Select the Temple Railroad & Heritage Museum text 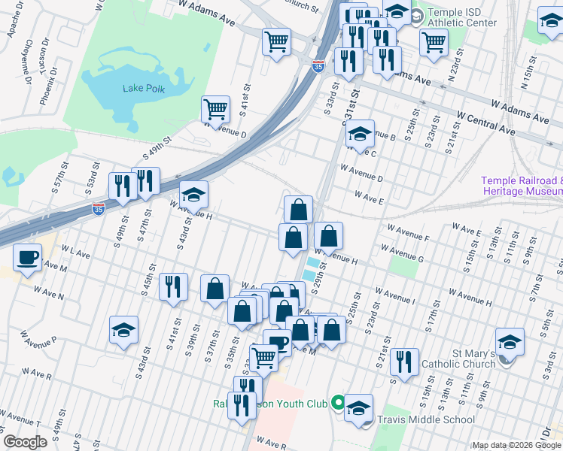pyautogui.click(x=522, y=186)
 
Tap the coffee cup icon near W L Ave pyautogui.click(x=28, y=258)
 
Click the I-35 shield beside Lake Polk pyautogui.click(x=319, y=68)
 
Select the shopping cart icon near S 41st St pyautogui.click(x=216, y=109)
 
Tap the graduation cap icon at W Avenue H pyautogui.click(x=193, y=195)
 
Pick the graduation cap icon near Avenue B pyautogui.click(x=360, y=134)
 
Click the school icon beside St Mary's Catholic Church pyautogui.click(x=510, y=343)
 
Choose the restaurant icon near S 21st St pyautogui.click(x=404, y=362)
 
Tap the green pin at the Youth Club pyautogui.click(x=339, y=404)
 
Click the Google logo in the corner pyautogui.click(x=25, y=442)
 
